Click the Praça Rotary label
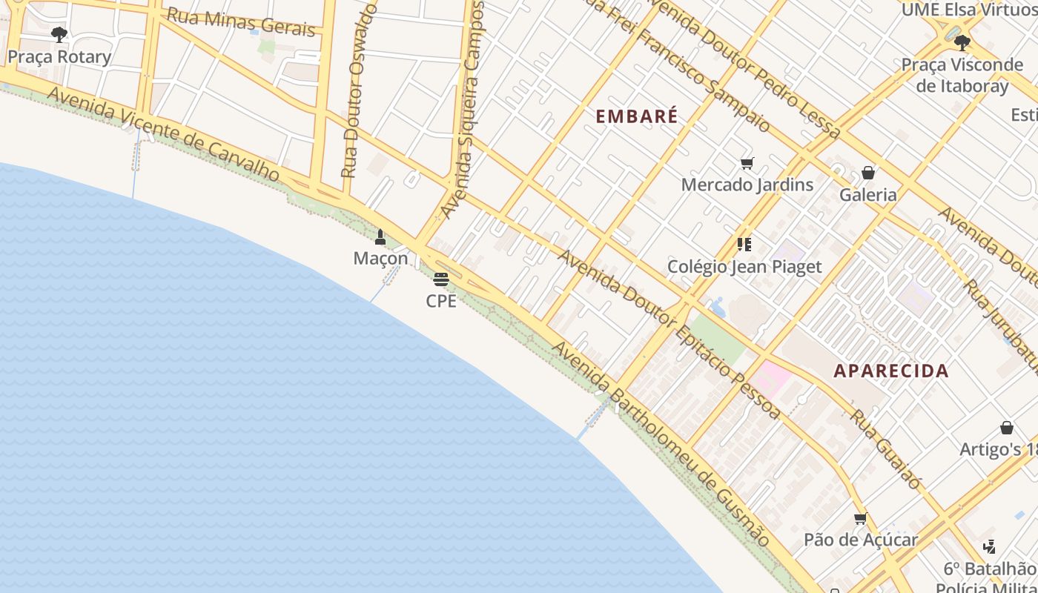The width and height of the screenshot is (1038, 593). click(59, 57)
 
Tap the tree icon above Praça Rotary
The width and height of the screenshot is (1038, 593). click(59, 34)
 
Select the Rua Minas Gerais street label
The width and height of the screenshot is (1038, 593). click(241, 21)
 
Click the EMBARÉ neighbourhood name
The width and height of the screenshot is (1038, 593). click(637, 116)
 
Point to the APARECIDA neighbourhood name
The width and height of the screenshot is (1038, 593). click(891, 371)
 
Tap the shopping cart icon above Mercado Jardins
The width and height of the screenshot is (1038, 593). click(747, 164)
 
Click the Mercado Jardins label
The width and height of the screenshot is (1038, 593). click(747, 185)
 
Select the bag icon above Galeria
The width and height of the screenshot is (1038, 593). click(868, 173)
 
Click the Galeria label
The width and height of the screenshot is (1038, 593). click(868, 195)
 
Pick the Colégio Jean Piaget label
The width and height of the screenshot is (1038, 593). click(744, 267)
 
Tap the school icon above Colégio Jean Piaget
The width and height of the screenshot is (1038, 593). click(744, 245)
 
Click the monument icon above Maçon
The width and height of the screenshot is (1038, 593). click(380, 237)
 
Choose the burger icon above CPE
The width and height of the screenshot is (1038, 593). click(441, 279)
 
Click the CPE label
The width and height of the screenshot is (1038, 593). click(441, 301)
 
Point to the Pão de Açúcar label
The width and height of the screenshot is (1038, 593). click(861, 540)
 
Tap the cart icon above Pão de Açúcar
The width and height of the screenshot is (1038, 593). click(861, 519)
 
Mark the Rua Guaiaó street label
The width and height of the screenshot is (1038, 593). click(885, 449)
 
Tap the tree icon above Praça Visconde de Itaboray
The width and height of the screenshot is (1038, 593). click(962, 42)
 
